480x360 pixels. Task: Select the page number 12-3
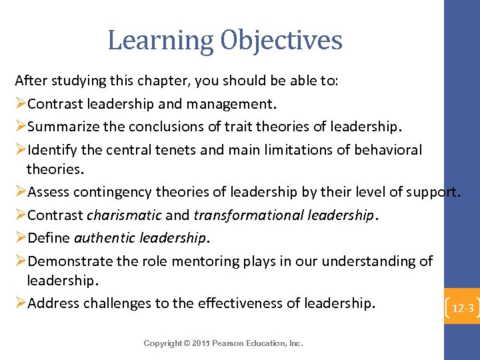pyautogui.click(x=463, y=309)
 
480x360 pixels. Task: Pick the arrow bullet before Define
pyautogui.click(x=21, y=238)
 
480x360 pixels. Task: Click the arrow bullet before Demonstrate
pyautogui.click(x=21, y=261)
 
